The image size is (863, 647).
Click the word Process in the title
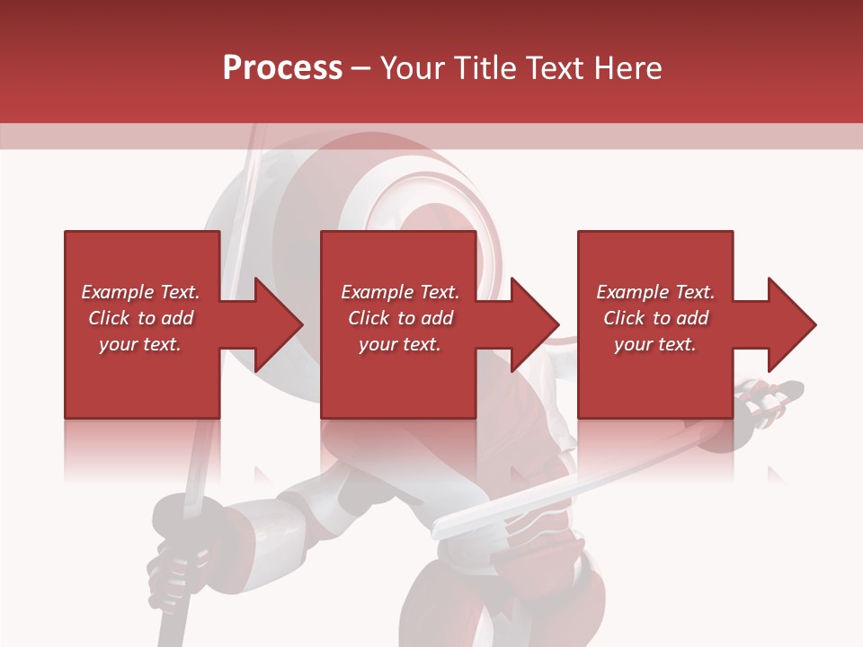click(282, 68)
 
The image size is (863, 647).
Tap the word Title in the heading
click(483, 68)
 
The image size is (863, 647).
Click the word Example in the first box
click(117, 292)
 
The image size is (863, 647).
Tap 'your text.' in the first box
click(140, 344)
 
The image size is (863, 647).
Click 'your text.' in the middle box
click(399, 344)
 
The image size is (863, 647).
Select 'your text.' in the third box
click(654, 344)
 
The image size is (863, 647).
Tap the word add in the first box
click(176, 318)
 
